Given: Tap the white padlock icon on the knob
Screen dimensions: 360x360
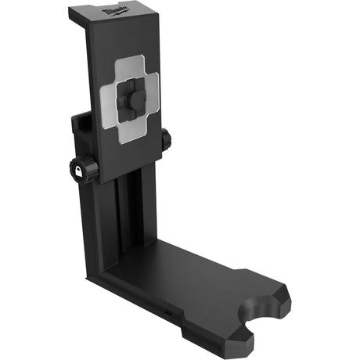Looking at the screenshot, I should pos(80,171).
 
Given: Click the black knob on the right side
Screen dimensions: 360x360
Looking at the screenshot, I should pos(165,141).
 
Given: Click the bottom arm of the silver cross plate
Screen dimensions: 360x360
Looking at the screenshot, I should pos(129,134).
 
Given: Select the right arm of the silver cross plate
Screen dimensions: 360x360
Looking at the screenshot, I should pos(152,93).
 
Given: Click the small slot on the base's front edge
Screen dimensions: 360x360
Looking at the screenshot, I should pos(167,312).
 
